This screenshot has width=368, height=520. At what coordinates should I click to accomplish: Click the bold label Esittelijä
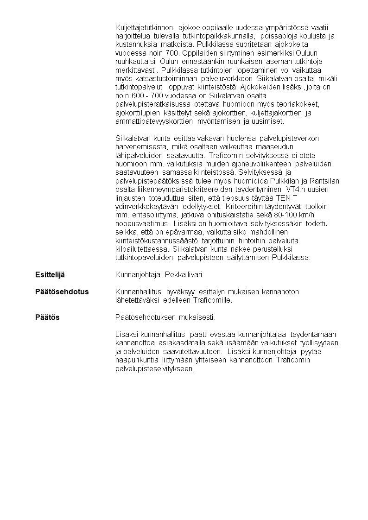50,275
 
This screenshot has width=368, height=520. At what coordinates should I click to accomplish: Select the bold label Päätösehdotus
62,292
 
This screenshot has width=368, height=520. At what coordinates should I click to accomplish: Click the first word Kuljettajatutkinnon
144,27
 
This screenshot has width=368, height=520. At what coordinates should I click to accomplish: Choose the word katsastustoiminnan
165,79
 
